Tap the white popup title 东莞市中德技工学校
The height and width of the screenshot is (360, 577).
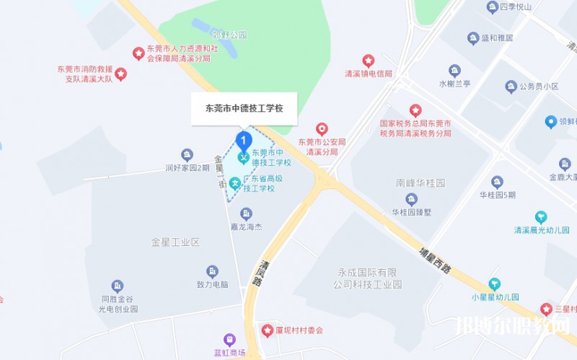click(x=244, y=108)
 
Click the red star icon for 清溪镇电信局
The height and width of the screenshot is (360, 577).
click(x=369, y=61)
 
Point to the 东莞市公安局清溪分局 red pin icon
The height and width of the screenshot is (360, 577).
click(x=322, y=129)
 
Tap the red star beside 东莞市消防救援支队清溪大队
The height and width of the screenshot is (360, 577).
click(x=121, y=74)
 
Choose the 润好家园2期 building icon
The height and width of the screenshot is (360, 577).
click(x=187, y=155)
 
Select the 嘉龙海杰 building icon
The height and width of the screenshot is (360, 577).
click(x=246, y=214)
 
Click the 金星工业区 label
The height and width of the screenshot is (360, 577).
click(x=175, y=242)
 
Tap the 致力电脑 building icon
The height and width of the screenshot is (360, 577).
click(x=212, y=271)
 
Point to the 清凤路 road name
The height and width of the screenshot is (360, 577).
click(x=258, y=273)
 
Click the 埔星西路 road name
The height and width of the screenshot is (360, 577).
click(x=435, y=259)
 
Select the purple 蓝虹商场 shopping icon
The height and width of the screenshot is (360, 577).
click(x=229, y=339)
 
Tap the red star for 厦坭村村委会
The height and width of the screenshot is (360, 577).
click(x=267, y=330)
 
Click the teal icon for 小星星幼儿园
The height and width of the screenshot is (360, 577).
click(x=494, y=284)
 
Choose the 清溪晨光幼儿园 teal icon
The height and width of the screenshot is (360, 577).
click(x=541, y=217)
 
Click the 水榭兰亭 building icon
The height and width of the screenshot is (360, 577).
click(x=454, y=71)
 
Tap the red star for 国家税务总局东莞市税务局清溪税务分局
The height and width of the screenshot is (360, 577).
click(x=415, y=110)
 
